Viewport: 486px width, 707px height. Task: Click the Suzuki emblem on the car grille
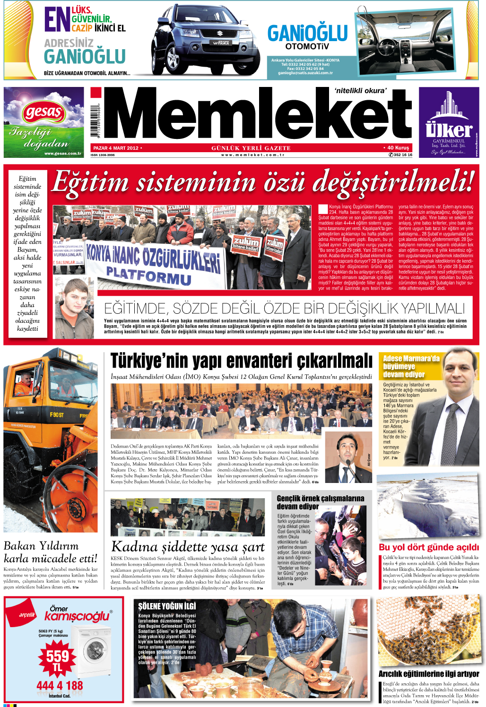(x=219, y=34)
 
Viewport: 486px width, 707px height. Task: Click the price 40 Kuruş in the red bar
(x=397, y=148)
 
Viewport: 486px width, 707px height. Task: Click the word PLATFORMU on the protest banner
(x=148, y=275)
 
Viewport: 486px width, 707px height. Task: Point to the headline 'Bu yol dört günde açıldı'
(x=429, y=547)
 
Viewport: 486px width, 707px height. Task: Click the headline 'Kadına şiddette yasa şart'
(x=188, y=547)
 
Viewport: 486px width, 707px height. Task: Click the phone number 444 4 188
(x=60, y=685)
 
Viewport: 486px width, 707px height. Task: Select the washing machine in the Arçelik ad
(x=92, y=650)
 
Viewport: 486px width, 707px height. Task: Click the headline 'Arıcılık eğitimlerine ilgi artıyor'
(x=428, y=673)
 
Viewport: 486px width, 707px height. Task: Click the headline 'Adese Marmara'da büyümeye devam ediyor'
(x=411, y=366)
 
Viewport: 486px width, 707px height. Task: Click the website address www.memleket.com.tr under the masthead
(x=252, y=155)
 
